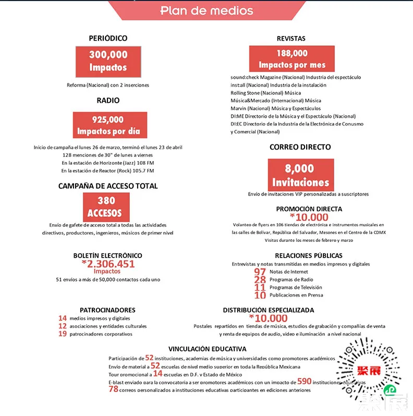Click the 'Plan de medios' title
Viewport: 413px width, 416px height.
(x=207, y=10)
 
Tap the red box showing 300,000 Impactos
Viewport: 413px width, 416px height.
(x=108, y=60)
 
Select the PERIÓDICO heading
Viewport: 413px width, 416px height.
(x=108, y=38)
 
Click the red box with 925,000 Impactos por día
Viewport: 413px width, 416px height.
(x=110, y=125)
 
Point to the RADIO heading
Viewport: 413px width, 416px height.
(x=108, y=101)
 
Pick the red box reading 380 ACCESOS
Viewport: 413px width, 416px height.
(x=106, y=206)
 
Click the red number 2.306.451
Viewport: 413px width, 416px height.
(x=108, y=264)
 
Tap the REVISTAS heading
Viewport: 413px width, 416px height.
(x=291, y=39)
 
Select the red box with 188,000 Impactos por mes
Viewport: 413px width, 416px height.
(x=291, y=59)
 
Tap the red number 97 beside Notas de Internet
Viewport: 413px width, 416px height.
(x=260, y=272)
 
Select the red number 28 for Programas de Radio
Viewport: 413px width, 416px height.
(x=260, y=280)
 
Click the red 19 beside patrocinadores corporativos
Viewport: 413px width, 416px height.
(x=63, y=334)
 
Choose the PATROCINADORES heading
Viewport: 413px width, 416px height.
(x=107, y=310)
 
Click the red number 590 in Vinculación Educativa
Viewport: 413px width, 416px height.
(x=304, y=382)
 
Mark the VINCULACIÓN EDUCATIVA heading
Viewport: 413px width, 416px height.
(x=208, y=349)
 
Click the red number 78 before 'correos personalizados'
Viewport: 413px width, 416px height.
(x=113, y=389)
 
